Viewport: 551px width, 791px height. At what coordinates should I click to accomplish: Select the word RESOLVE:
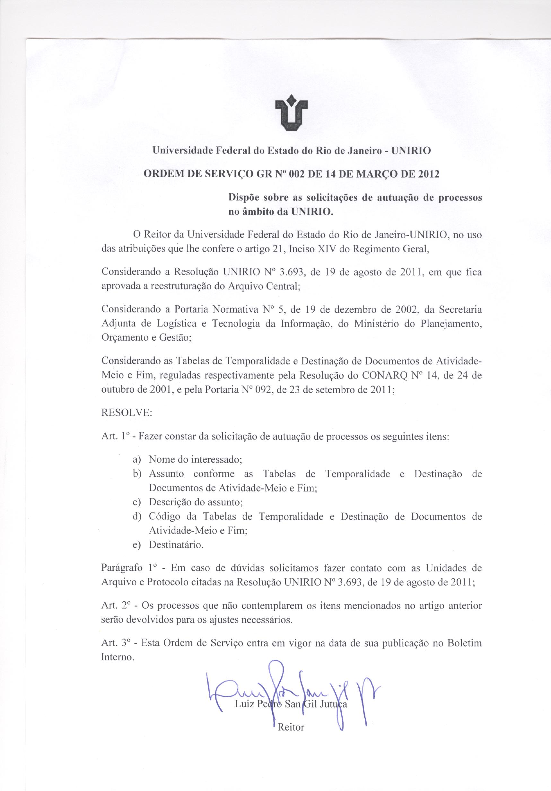[x=127, y=413]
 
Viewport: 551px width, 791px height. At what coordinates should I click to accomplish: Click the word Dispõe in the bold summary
[x=243, y=198]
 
